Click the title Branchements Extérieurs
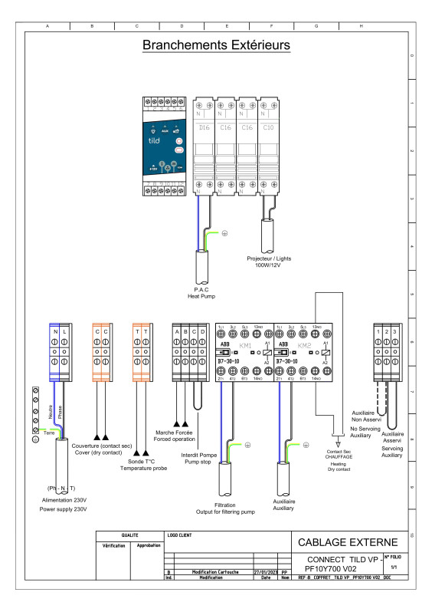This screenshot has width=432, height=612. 216,46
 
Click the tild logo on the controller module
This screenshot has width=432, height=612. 155,143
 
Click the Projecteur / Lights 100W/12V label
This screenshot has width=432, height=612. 270,262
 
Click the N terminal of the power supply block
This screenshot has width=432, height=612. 55,332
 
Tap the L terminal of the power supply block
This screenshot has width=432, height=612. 65,332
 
